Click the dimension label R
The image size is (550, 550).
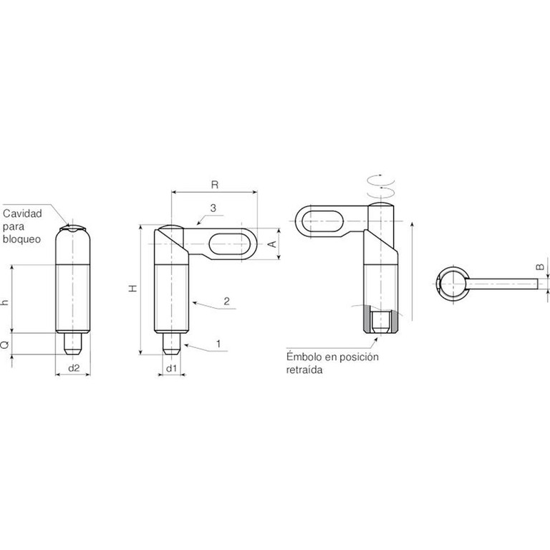215,185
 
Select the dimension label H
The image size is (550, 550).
133,288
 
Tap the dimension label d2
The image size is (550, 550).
74,368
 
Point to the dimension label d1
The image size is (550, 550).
171,368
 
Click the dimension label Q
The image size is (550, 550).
5,345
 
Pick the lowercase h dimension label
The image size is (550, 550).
5,301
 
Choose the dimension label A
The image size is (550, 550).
273,244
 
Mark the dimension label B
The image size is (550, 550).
541,267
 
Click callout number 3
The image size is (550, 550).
213,208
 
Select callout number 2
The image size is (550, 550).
226,301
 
